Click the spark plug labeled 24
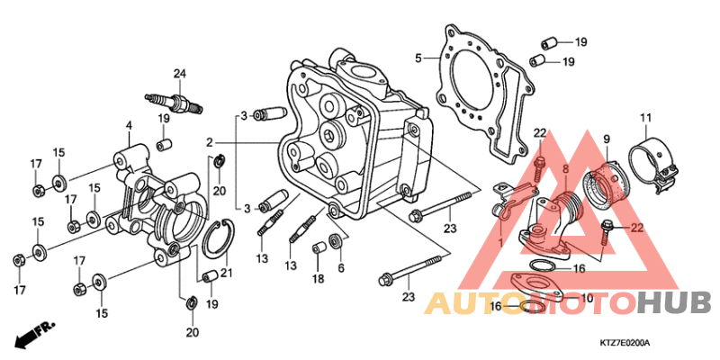[x=174, y=103]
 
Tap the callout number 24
[x=179, y=74]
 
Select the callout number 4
[x=129, y=125]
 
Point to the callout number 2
[x=210, y=143]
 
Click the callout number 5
[x=418, y=58]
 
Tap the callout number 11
[x=646, y=118]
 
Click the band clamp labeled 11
[x=652, y=166]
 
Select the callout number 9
[x=606, y=139]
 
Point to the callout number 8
[x=566, y=169]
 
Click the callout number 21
[x=226, y=274]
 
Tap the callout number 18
[x=319, y=278]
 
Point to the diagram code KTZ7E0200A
[x=625, y=343]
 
